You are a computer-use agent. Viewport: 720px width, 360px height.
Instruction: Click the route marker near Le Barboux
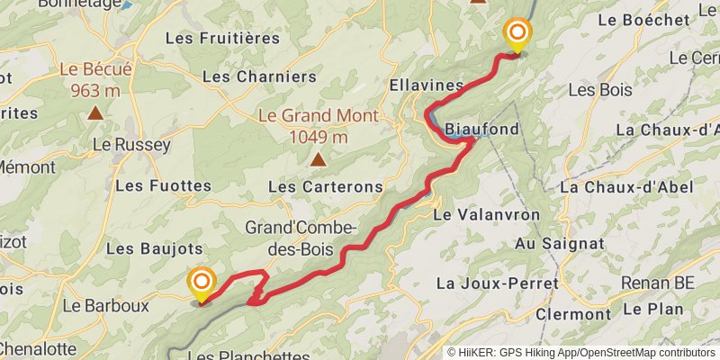point(201,284)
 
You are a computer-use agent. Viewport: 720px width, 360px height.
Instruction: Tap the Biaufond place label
point(482,130)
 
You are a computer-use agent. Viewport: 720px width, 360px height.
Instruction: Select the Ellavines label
point(427,85)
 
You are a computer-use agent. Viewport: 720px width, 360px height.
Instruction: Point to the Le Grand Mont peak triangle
point(318,160)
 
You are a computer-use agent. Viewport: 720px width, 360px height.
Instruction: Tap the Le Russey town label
point(132,144)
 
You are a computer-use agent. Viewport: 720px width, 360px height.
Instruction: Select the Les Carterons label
point(326,186)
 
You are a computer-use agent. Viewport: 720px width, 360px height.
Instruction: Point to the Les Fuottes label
point(163,186)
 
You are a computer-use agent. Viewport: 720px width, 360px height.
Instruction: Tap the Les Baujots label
point(154,247)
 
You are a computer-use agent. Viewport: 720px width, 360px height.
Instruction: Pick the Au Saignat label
point(560,244)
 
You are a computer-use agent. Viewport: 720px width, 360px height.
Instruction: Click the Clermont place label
point(572,314)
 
